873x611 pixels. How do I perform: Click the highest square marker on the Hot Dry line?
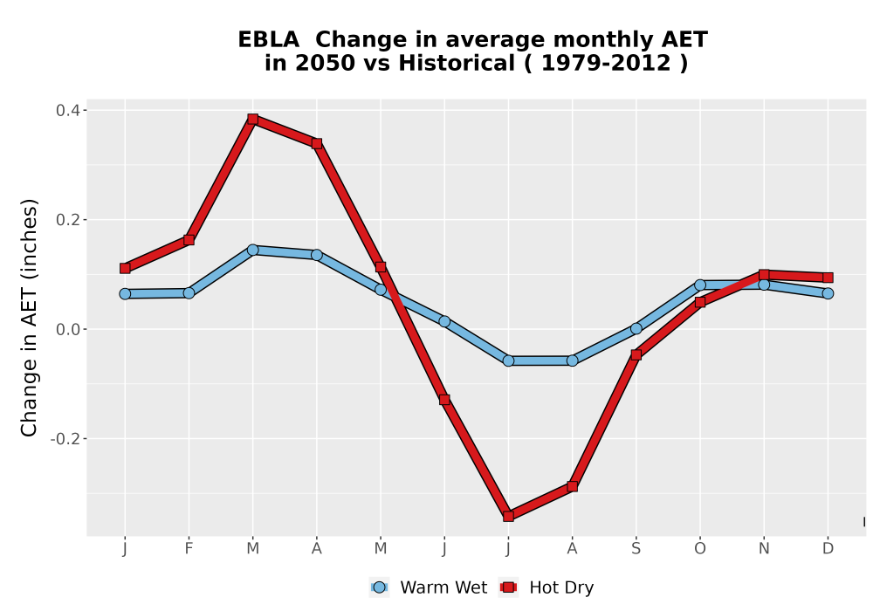click(x=253, y=119)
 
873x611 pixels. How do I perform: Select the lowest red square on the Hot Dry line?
click(x=508, y=516)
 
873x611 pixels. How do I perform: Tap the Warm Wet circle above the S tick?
click(x=636, y=328)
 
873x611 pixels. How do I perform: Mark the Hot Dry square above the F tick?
click(x=189, y=240)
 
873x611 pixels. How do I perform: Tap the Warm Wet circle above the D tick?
click(x=828, y=293)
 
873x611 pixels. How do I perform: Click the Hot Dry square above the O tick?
click(x=700, y=302)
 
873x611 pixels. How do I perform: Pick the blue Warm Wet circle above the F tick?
click(x=189, y=292)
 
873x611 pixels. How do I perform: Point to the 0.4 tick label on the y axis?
click(x=67, y=110)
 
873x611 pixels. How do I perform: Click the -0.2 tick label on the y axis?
click(x=65, y=438)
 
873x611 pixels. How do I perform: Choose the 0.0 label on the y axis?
click(x=67, y=329)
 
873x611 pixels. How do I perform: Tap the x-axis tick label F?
click(x=189, y=549)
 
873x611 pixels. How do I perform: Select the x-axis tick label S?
click(x=636, y=549)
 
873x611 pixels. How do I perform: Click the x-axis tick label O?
click(x=700, y=549)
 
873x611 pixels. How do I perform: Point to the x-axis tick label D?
click(x=828, y=549)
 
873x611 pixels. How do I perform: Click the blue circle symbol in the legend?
click(x=379, y=587)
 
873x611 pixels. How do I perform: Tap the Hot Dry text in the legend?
click(x=561, y=587)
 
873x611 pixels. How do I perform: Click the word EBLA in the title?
click(x=268, y=40)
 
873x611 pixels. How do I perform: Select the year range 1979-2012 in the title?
click(x=606, y=63)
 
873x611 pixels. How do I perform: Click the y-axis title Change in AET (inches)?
click(x=29, y=318)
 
